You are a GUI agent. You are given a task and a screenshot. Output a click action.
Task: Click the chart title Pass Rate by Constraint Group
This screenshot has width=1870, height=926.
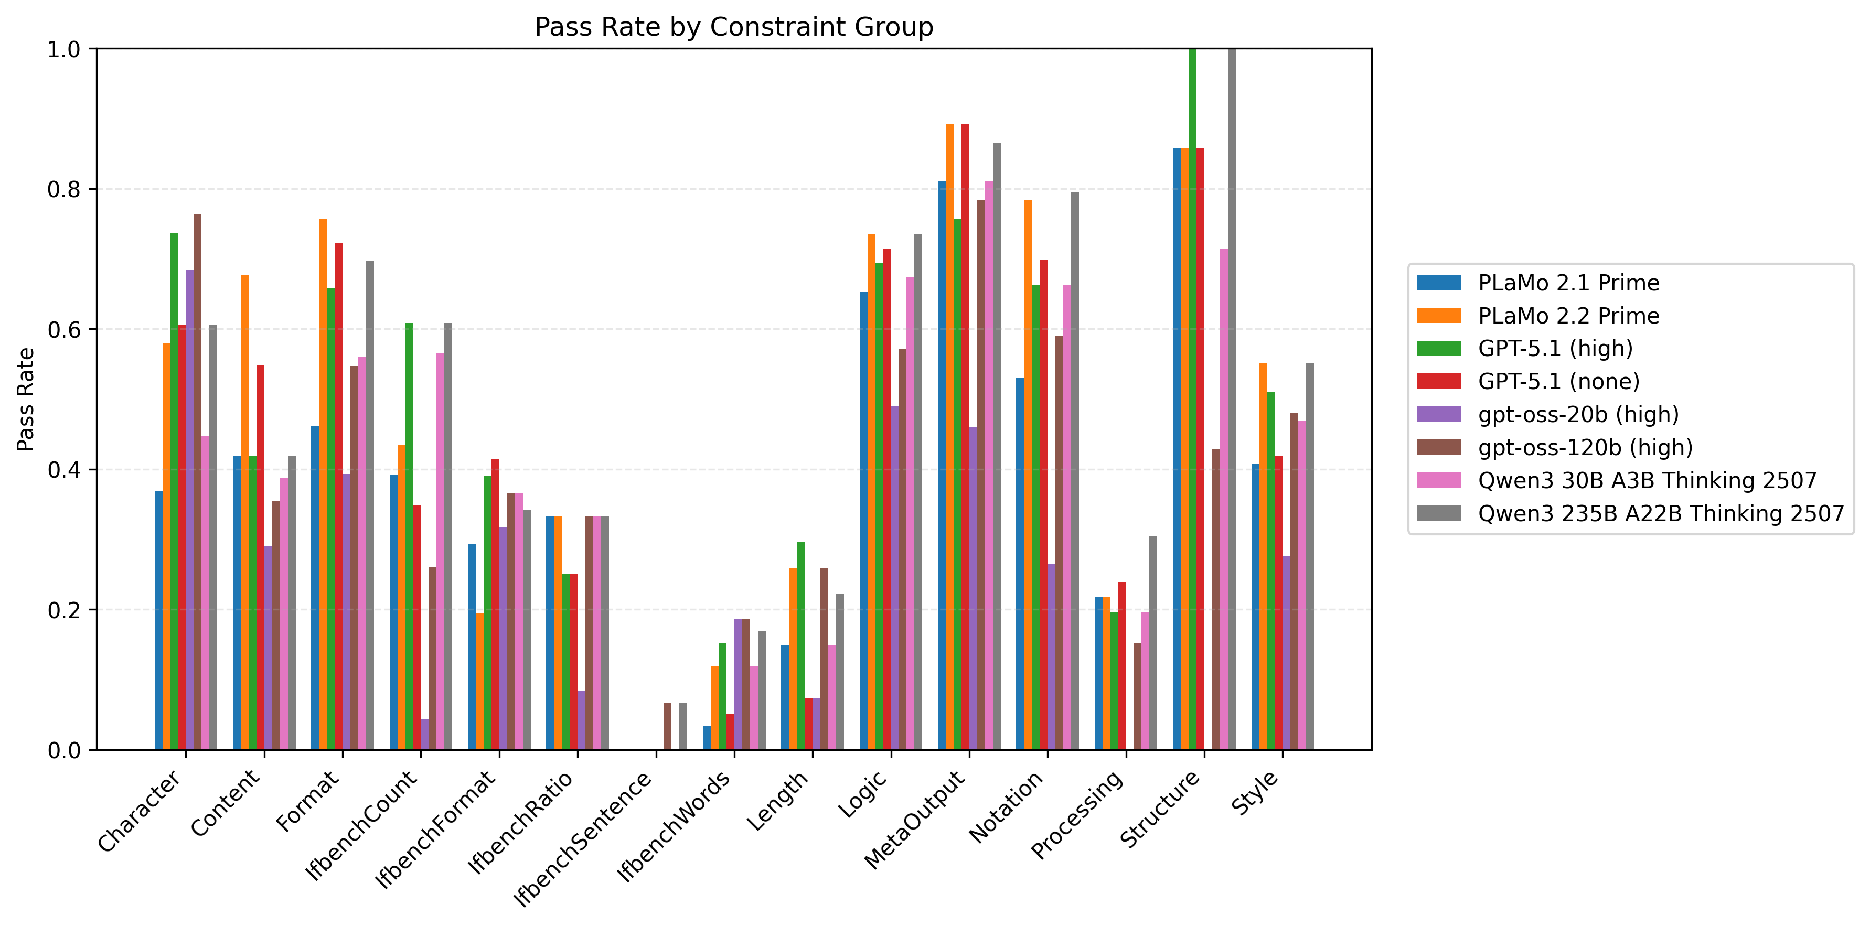733,27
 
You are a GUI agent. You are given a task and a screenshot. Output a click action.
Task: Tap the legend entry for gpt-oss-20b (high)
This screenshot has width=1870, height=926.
1578,414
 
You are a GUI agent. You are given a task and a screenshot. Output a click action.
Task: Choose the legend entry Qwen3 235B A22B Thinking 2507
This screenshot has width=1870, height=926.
1661,513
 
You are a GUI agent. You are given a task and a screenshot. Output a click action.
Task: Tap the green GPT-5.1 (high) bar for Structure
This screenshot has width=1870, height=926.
1192,399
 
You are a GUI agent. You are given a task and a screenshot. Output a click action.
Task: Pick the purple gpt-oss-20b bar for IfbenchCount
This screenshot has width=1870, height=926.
425,735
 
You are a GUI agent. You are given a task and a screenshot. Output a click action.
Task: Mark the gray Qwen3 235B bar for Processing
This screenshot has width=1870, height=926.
1153,643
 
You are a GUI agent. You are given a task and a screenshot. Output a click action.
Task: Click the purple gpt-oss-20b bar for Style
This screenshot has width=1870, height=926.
1286,653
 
